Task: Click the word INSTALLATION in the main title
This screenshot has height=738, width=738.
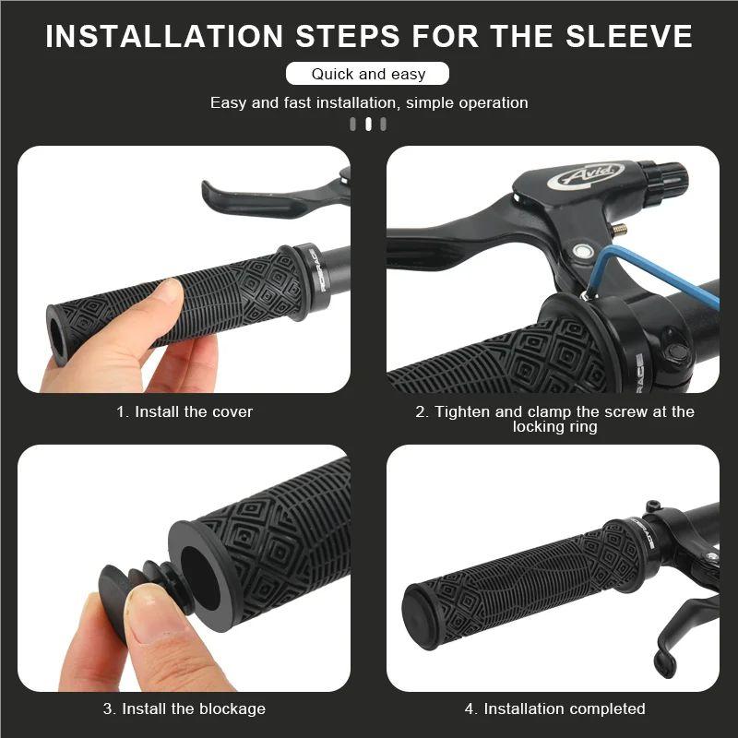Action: click(163, 36)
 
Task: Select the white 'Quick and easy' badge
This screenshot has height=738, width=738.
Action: click(368, 74)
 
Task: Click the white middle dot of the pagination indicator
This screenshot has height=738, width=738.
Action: click(368, 125)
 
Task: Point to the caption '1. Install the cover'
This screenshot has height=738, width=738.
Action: click(184, 411)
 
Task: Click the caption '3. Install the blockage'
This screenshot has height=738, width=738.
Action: click(184, 708)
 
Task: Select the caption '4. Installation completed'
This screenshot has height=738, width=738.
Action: click(553, 708)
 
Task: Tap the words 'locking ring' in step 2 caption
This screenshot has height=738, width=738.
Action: click(553, 427)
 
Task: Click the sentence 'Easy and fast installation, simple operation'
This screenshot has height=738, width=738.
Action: click(368, 102)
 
